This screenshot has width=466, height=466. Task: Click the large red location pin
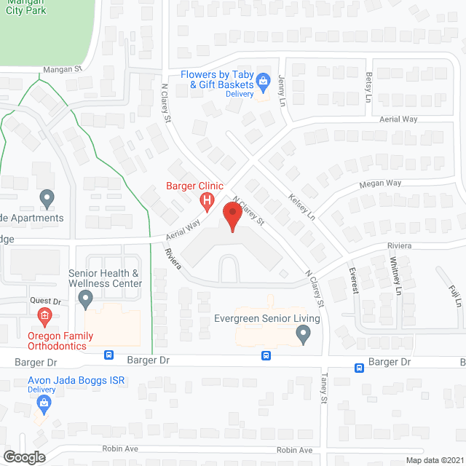232,217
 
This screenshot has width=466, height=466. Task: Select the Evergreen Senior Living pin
304,334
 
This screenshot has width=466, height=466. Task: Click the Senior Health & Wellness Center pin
86,299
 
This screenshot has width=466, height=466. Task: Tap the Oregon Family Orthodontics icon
45,315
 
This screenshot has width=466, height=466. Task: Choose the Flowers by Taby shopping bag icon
263,80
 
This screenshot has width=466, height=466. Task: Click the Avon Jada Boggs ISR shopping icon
45,403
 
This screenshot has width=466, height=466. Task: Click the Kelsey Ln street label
301,207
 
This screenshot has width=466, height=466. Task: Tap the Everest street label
355,280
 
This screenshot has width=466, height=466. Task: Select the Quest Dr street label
45,300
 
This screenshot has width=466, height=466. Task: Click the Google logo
24,457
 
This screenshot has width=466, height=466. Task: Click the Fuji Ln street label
456,295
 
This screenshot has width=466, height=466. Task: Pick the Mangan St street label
63,69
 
